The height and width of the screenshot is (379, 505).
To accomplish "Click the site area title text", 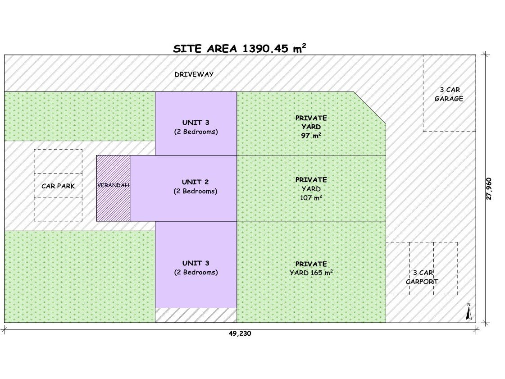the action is pos(240,49).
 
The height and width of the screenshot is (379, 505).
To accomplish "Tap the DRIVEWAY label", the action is pos(194,74).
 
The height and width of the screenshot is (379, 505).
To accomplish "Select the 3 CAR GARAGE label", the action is pos(449,94).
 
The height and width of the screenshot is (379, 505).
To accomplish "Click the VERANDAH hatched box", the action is pos(113,188).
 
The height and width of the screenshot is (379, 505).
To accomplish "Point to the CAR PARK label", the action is pos(58,186).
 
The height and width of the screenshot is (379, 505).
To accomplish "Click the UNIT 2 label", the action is pos(196,186).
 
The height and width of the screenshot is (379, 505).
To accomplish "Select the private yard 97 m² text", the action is pos(311,127).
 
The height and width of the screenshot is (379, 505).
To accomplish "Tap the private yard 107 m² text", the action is pos(311,188).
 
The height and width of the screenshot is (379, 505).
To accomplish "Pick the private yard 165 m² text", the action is pos(311,268).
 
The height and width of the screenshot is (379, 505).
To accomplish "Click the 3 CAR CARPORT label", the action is pos(422,277).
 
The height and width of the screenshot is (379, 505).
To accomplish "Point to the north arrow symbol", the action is pos(469,312).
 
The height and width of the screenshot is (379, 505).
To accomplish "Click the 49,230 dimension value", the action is pos(240,334).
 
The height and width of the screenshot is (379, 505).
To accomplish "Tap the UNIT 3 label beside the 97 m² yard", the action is pos(196,127).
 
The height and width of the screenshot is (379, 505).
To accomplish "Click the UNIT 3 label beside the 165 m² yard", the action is pos(196,267).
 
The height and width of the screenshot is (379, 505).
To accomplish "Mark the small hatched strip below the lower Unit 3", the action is pos(196,315).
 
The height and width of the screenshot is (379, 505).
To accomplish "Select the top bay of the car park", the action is pos(58,161).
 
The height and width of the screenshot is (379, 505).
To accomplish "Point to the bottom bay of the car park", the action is pos(58,209).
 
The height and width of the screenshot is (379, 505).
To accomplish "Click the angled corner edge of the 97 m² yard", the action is pos(370,107).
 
